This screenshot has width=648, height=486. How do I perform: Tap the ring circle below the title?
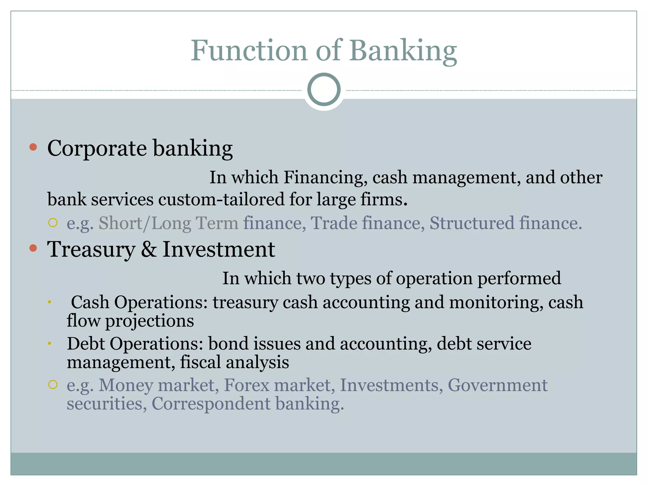coord(324,90)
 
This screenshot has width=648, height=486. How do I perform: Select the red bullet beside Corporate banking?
coord(33,147)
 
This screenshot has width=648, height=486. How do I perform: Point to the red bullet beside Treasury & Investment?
coord(33,248)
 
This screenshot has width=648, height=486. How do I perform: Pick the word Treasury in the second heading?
coord(91,250)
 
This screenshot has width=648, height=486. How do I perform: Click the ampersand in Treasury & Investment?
coord(149,249)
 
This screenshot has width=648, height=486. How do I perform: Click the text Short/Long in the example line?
coord(145,223)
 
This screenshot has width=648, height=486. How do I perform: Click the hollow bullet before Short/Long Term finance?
coord(53,223)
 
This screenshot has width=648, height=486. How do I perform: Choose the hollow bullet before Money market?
coord(53,385)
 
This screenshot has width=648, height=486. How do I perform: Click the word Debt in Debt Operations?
coord(86,344)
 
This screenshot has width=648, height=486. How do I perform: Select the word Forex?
coord(246,385)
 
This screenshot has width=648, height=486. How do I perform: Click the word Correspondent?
coord(211,404)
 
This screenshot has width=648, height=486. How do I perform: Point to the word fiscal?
coord(200,362)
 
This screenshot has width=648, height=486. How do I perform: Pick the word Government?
coord(497,385)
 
